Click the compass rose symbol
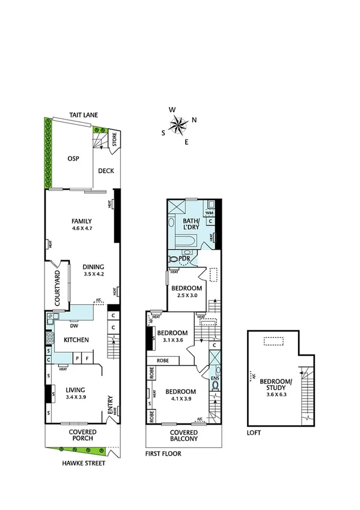coord(179,125)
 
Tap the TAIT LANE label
coord(83,115)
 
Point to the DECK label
coord(106,171)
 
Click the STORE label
coord(113,142)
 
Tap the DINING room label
coord(93,268)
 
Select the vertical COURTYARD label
coord(58,289)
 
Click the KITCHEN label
coord(76,340)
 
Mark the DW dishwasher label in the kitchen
coord(74,327)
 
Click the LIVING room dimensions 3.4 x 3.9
coord(76,398)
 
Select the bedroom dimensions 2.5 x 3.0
coord(187,296)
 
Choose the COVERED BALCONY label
coord(183,436)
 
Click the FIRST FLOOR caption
coord(163,453)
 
